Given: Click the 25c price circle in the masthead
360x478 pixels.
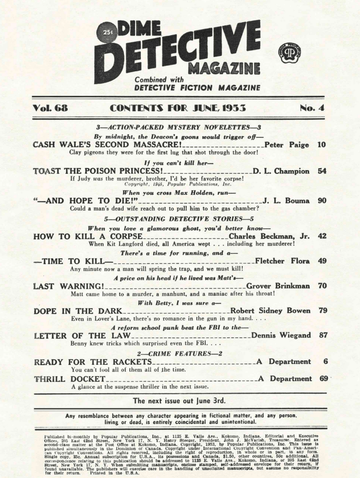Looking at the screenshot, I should click(107, 33).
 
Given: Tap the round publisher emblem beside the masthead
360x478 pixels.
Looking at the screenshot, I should click(289, 51).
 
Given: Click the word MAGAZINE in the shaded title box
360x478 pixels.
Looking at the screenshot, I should click(223, 69).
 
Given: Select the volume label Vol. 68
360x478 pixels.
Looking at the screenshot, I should click(50, 108).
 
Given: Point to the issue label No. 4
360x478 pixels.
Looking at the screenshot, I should click(312, 108).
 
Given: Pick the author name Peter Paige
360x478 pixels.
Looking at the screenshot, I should click(287, 145).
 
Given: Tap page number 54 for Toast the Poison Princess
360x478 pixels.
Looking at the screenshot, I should click(322, 171).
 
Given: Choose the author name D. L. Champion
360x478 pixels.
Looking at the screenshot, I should click(281, 171).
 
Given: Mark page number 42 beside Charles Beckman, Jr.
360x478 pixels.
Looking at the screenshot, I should click(322, 236).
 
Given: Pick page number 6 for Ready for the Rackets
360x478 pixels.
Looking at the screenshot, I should click(324, 362).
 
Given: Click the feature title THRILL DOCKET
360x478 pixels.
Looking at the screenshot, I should click(69, 379).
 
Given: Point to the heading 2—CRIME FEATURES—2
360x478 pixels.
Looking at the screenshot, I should click(179, 353).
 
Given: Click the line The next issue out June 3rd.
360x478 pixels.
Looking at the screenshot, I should click(179, 401).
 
